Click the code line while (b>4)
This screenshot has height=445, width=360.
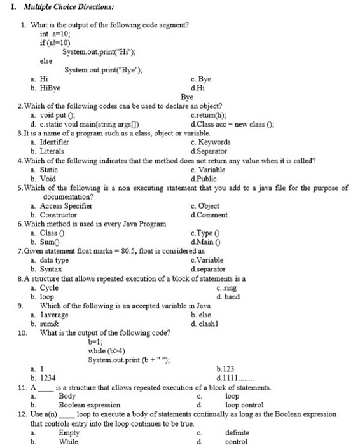pyautogui.click(x=105, y=350)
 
